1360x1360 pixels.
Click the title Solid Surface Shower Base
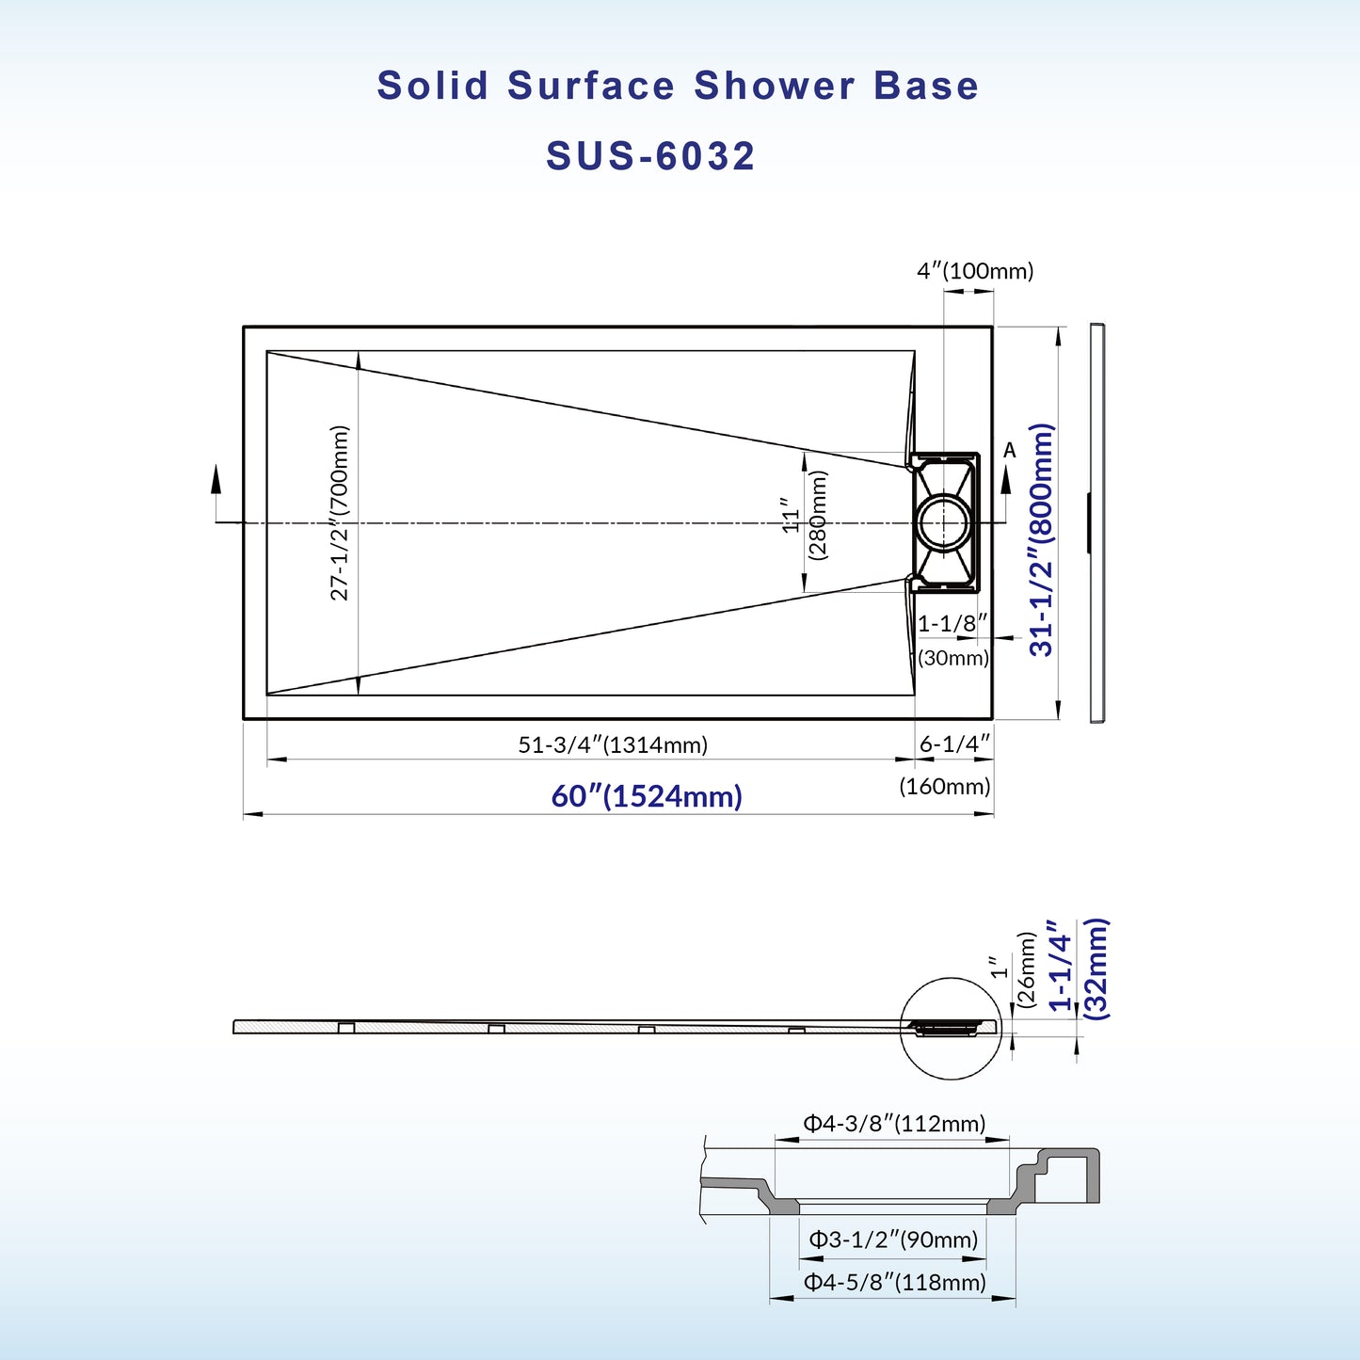click(x=678, y=86)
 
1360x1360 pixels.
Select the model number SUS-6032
click(x=650, y=156)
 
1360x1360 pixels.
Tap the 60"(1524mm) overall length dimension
click(x=647, y=796)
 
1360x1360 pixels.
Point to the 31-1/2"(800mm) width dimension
click(x=1042, y=539)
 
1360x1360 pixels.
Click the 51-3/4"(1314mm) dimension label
click(x=613, y=744)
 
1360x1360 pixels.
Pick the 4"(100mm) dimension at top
click(x=975, y=271)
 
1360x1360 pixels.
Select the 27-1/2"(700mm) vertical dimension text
click(x=340, y=513)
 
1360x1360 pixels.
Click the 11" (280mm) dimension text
click(x=805, y=516)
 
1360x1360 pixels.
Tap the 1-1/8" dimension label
click(x=952, y=623)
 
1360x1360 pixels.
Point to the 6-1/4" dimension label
click(x=954, y=744)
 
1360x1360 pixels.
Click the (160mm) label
click(x=945, y=786)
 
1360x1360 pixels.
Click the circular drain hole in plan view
click(x=943, y=522)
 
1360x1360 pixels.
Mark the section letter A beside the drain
click(x=1010, y=451)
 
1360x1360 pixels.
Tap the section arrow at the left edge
click(x=216, y=480)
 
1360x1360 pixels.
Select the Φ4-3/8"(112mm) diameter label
click(x=894, y=1123)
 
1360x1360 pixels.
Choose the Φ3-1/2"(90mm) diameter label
click(x=894, y=1240)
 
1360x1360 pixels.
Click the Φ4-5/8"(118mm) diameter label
click(x=894, y=1282)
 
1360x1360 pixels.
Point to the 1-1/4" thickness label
click(x=1060, y=966)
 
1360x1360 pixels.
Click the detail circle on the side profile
click(x=951, y=1028)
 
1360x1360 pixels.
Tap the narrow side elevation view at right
click(x=1096, y=523)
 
